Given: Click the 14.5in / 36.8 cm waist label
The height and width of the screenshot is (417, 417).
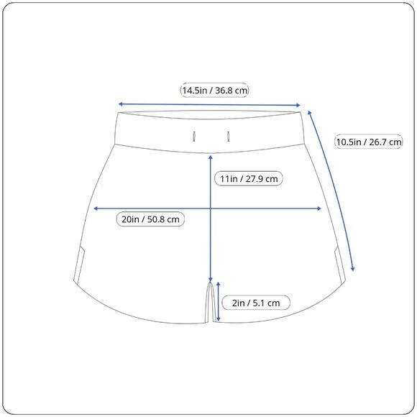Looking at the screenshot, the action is pos(214,90).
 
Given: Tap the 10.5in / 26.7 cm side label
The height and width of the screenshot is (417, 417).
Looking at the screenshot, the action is pos(369,142).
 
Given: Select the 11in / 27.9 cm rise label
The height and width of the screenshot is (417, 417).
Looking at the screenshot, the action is pos(249,178).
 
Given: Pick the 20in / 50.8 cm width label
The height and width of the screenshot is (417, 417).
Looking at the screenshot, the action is pos(150,219).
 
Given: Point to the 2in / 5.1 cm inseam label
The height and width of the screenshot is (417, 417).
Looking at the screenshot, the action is pos(256,303).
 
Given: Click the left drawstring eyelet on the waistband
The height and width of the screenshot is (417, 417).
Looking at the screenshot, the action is pos(194,137).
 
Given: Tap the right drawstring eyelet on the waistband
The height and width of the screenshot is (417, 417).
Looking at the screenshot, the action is pos(228,137).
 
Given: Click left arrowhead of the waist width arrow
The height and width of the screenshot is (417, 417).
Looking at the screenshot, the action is pos(120,104).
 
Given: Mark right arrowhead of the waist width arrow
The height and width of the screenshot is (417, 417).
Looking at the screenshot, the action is pos(298,105).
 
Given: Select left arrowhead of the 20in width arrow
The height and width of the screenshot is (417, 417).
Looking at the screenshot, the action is pos(96,208).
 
